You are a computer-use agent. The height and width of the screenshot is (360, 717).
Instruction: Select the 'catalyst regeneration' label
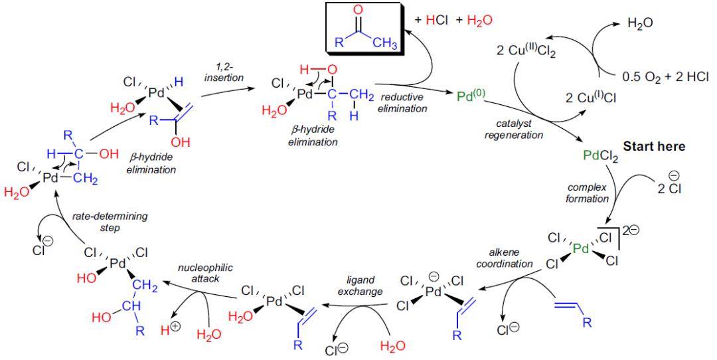tap(518, 129)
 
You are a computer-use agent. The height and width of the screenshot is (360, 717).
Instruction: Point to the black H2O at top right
tap(639, 23)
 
